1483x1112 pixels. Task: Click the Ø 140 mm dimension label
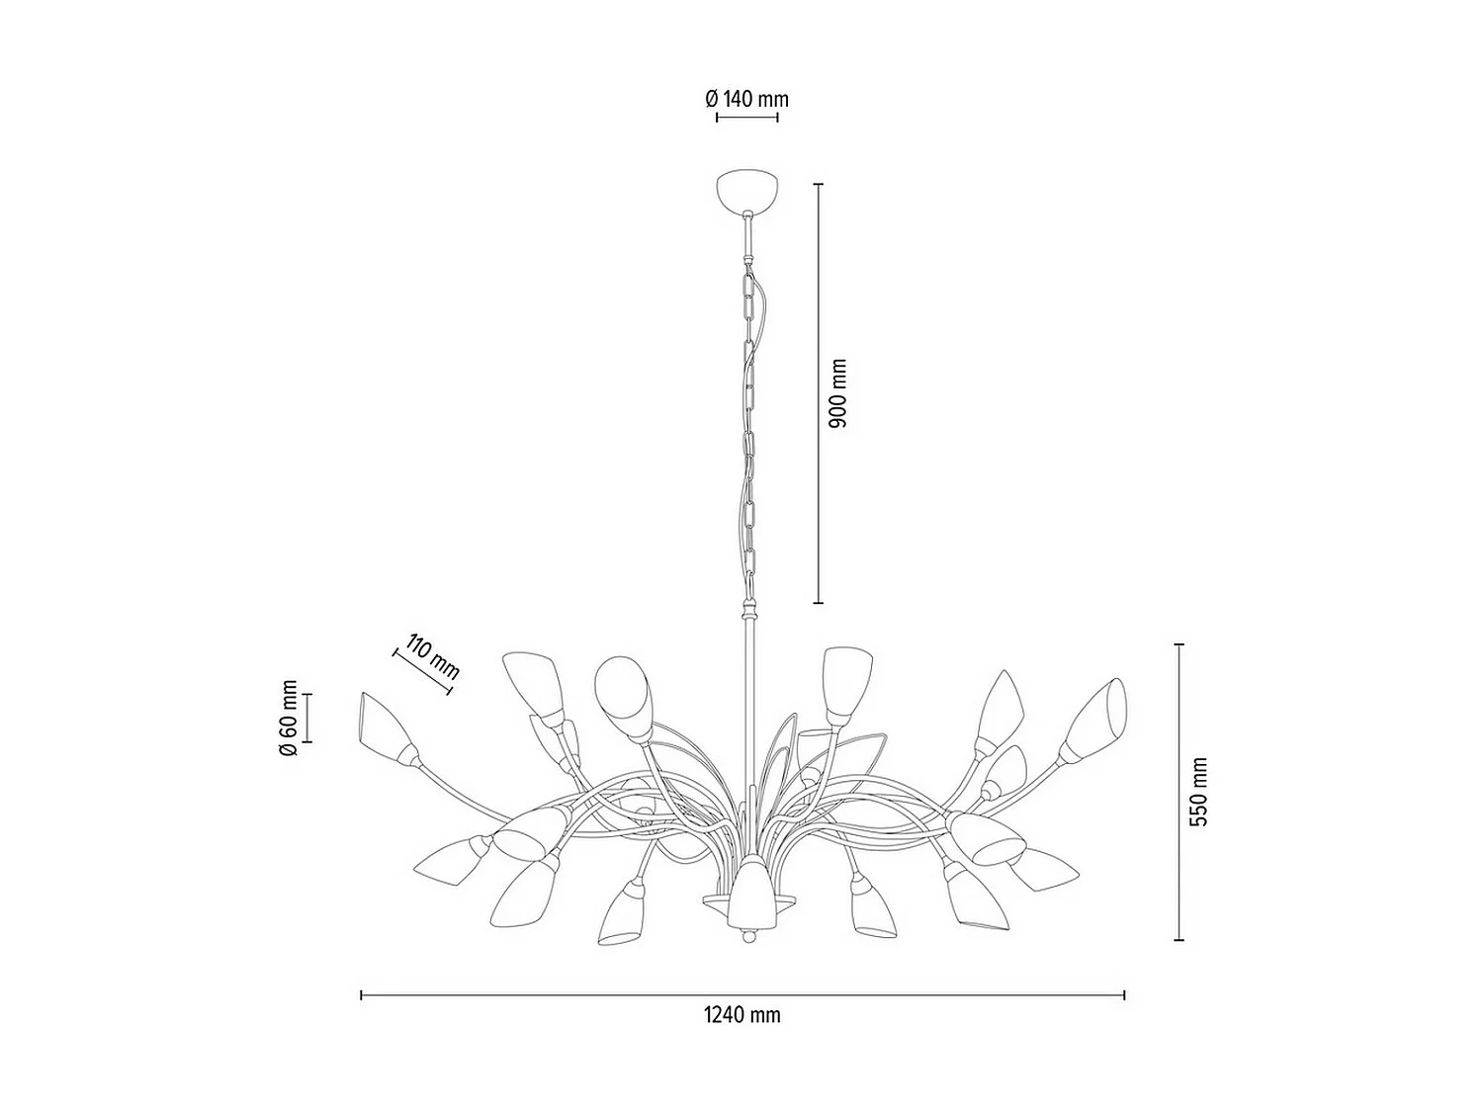(x=746, y=99)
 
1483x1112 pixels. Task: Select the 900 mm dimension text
(x=838, y=393)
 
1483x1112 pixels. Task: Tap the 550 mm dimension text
(x=1199, y=793)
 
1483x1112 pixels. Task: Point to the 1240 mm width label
(x=741, y=1015)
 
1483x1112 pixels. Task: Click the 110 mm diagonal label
(x=432, y=653)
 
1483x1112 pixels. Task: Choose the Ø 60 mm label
(x=288, y=718)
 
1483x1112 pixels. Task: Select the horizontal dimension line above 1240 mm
(x=741, y=995)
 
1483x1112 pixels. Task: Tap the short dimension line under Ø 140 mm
(x=746, y=118)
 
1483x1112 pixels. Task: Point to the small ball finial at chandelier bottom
(x=747, y=933)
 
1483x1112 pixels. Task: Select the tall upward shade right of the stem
(x=845, y=682)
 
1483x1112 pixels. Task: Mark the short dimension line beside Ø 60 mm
(x=306, y=718)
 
